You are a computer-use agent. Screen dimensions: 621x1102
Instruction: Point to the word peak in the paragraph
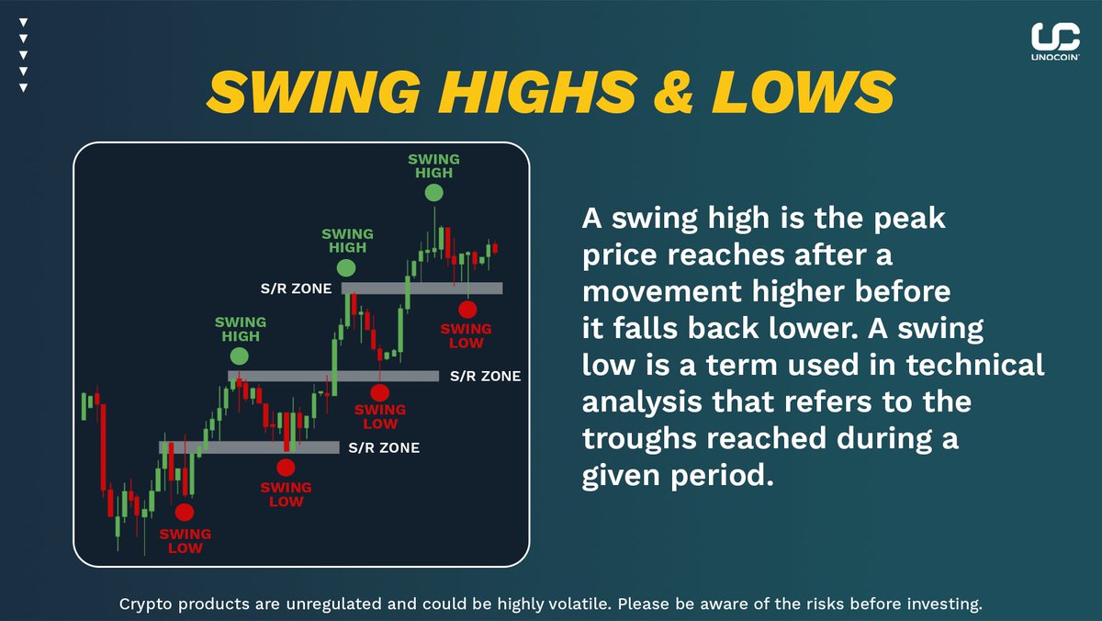[x=901, y=221]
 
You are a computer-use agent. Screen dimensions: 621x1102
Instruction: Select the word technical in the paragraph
[x=975, y=365]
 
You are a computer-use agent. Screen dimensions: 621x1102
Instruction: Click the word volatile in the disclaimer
[x=578, y=604]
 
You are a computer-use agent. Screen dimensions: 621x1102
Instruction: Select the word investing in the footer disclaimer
[x=947, y=604]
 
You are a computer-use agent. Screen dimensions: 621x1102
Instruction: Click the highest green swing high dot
[x=434, y=192]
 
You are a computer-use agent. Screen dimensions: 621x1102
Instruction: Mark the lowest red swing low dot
[x=185, y=512]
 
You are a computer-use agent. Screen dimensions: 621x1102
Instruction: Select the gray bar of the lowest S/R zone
[x=249, y=447]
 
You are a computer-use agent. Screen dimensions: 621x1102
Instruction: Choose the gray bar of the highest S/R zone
[x=422, y=288]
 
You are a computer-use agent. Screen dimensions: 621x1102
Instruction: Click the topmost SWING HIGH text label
[x=434, y=165]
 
